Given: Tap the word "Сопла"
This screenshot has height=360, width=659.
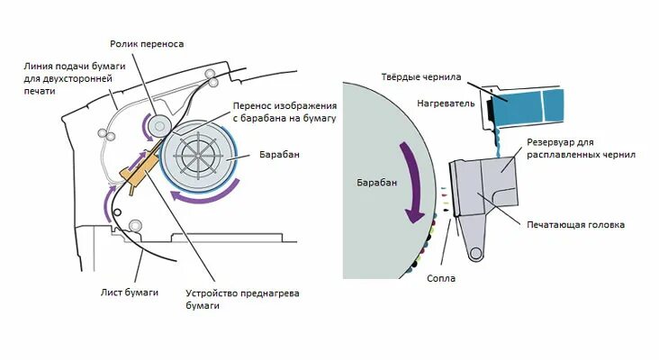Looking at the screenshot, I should click(x=442, y=278).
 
